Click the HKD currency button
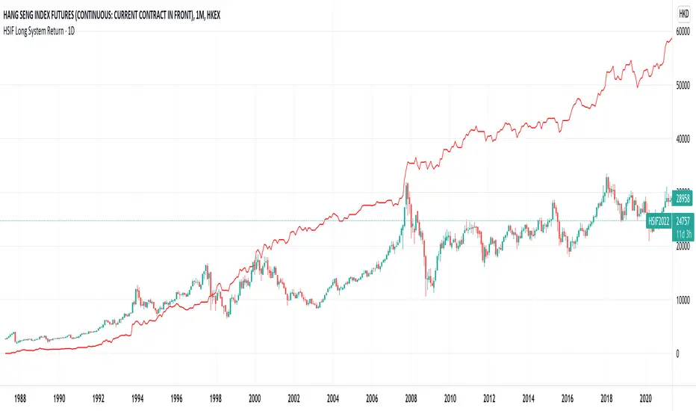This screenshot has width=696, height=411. coord(683,13)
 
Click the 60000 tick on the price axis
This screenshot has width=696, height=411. coord(683,31)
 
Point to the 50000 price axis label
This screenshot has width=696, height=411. coord(683,85)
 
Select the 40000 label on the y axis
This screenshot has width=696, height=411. coord(683,139)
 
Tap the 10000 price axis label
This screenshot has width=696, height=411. coord(683,300)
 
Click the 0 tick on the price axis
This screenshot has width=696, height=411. coord(678,353)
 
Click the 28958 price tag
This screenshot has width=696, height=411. coord(683,200)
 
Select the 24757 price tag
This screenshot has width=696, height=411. coord(683,221)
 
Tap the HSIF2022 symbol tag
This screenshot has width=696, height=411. coord(659,221)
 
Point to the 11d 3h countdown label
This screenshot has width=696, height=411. coord(683,233)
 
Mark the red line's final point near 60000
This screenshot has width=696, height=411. coord(671,38)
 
